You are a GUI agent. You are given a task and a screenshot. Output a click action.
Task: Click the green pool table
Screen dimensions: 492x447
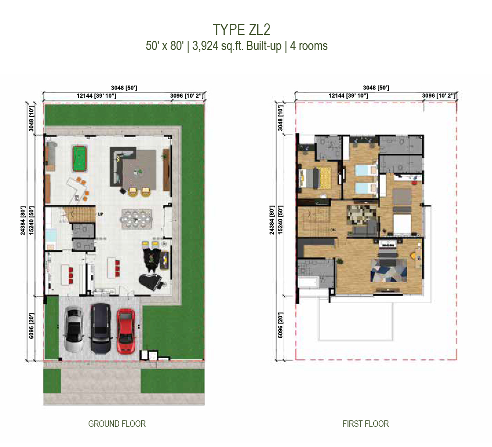pos(79,158)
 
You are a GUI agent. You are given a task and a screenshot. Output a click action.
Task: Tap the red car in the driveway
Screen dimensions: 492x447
pos(126,330)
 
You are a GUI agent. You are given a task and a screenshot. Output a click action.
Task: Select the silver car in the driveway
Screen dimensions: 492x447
pos(74,329)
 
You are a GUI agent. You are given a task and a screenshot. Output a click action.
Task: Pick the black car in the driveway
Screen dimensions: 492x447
pos(100,328)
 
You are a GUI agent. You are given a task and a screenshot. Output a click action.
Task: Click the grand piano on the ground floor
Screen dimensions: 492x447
pos(151,280)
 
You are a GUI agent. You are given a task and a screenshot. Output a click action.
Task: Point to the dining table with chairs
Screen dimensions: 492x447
pos(136,219)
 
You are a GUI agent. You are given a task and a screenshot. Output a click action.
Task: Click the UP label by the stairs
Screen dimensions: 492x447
pos(100,214)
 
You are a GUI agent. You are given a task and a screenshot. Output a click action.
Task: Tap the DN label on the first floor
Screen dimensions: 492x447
pos(333,230)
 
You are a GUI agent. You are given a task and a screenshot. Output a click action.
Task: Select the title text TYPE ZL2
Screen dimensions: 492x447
pos(242,30)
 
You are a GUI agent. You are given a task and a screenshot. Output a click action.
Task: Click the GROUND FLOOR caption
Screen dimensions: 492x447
pos(117,424)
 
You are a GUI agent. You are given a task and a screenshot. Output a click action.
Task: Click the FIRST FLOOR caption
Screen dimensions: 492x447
pos(365,424)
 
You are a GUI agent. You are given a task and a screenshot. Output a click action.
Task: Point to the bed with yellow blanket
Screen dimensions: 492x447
pos(315,178)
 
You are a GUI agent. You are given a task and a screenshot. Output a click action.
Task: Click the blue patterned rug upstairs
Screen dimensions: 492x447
pos(389,270)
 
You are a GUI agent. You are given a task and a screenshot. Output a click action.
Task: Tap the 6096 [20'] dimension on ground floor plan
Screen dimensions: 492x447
pos(31,325)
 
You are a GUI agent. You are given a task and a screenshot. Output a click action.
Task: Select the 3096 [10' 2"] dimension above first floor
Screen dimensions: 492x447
pos(438,95)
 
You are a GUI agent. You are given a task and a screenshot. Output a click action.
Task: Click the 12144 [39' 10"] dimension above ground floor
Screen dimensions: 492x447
pos(96,95)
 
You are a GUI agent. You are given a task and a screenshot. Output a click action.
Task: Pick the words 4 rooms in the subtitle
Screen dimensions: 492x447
pos(309,46)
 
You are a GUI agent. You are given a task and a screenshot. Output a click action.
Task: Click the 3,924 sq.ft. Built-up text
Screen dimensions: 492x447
pos(237,46)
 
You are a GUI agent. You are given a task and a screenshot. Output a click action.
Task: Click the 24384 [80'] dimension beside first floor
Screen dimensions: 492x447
pos(272,220)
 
